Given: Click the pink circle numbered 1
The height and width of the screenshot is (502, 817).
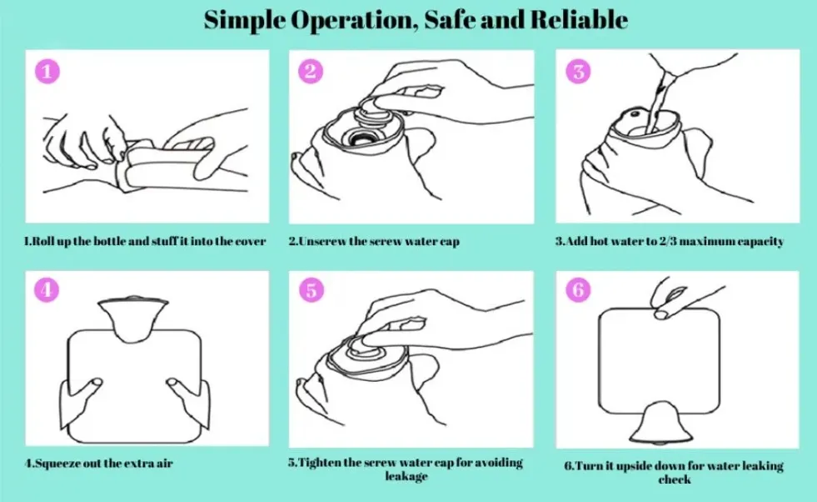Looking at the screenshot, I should point(47,72).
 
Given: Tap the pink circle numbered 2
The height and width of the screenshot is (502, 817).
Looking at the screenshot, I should point(310,72).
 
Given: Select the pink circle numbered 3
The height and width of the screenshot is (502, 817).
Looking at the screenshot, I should point(578,72).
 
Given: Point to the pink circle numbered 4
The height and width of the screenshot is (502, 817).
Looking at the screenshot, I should point(47,290).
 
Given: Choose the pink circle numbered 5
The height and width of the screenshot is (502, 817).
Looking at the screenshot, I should point(310,290).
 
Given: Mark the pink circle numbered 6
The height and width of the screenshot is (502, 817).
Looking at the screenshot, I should point(578,290).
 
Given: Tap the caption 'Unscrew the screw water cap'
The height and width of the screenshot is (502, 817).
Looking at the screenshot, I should point(374,241).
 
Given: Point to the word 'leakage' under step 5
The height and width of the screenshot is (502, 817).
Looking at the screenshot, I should point(406,476).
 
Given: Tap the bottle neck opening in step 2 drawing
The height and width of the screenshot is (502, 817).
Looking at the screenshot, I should point(363,136).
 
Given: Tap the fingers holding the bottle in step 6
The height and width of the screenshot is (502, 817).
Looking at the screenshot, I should point(666,300).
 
